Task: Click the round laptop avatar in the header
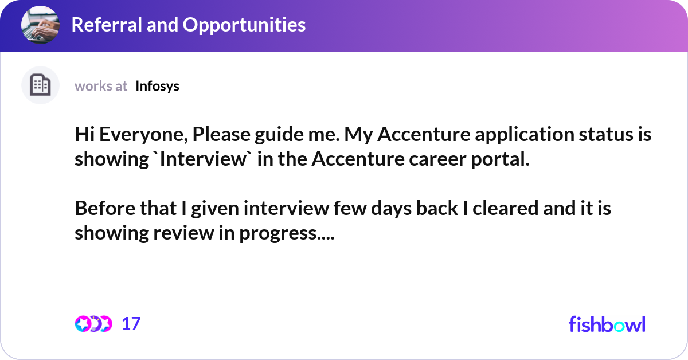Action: pyautogui.click(x=40, y=25)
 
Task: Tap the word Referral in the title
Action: pyautogui.click(x=107, y=25)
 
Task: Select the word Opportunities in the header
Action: pyautogui.click(x=244, y=25)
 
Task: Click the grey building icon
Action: pyautogui.click(x=40, y=85)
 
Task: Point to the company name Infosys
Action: pyautogui.click(x=157, y=87)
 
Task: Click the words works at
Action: pyautogui.click(x=101, y=87)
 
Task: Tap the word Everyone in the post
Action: pyautogui.click(x=143, y=135)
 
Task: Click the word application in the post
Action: pyautogui.click(x=525, y=135)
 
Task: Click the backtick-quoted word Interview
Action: pyautogui.click(x=203, y=159)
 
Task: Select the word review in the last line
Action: pyautogui.click(x=183, y=233)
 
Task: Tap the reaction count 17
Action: pyautogui.click(x=131, y=324)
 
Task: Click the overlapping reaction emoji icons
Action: pyautogui.click(x=93, y=324)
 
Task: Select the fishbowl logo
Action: pyautogui.click(x=607, y=324)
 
